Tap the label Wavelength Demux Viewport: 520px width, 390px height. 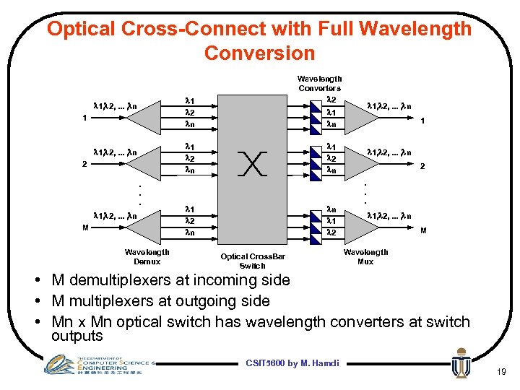pos(147,256)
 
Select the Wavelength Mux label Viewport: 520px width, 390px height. pos(365,256)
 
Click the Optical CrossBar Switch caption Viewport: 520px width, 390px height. pos(253,261)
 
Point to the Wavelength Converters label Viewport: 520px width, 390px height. pos(319,83)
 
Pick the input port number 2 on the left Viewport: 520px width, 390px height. pos(84,163)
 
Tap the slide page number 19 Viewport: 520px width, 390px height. pos(499,372)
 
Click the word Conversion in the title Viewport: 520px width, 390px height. pos(259,53)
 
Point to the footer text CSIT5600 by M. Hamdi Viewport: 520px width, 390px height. pos(292,363)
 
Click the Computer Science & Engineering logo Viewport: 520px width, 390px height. pos(97,364)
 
